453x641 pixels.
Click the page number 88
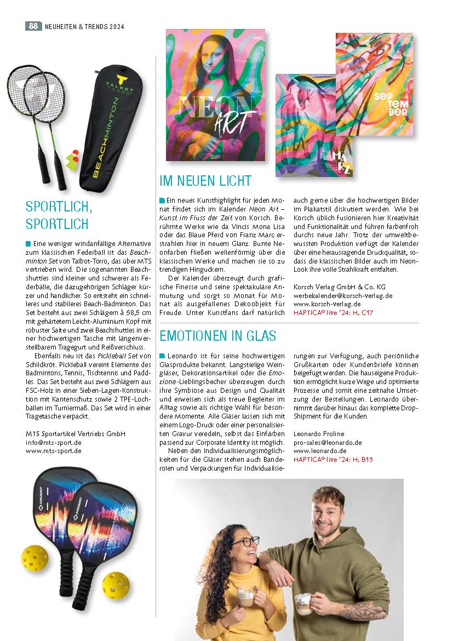coord(33,26)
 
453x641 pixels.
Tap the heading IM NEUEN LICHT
coord(205,181)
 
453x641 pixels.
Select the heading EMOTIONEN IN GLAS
coord(217,335)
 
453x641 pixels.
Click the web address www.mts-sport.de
coord(54,451)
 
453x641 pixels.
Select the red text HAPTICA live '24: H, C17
coord(333,312)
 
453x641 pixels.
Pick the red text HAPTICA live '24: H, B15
coord(333,460)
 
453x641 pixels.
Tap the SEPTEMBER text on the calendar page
coord(391,104)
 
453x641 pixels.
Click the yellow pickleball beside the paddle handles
coord(115,585)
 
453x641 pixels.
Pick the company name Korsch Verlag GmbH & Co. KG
coord(340,286)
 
